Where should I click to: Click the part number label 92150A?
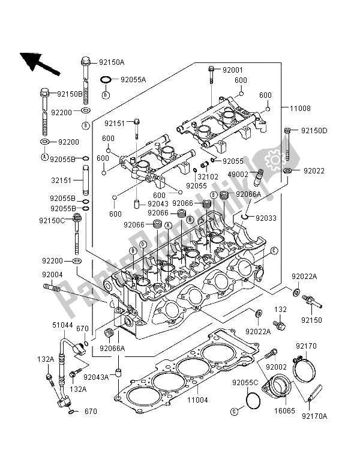(111, 62)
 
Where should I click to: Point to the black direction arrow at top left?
(39, 63)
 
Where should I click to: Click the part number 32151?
(61, 179)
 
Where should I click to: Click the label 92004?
(52, 274)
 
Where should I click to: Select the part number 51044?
(63, 325)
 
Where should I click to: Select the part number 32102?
(206, 178)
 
